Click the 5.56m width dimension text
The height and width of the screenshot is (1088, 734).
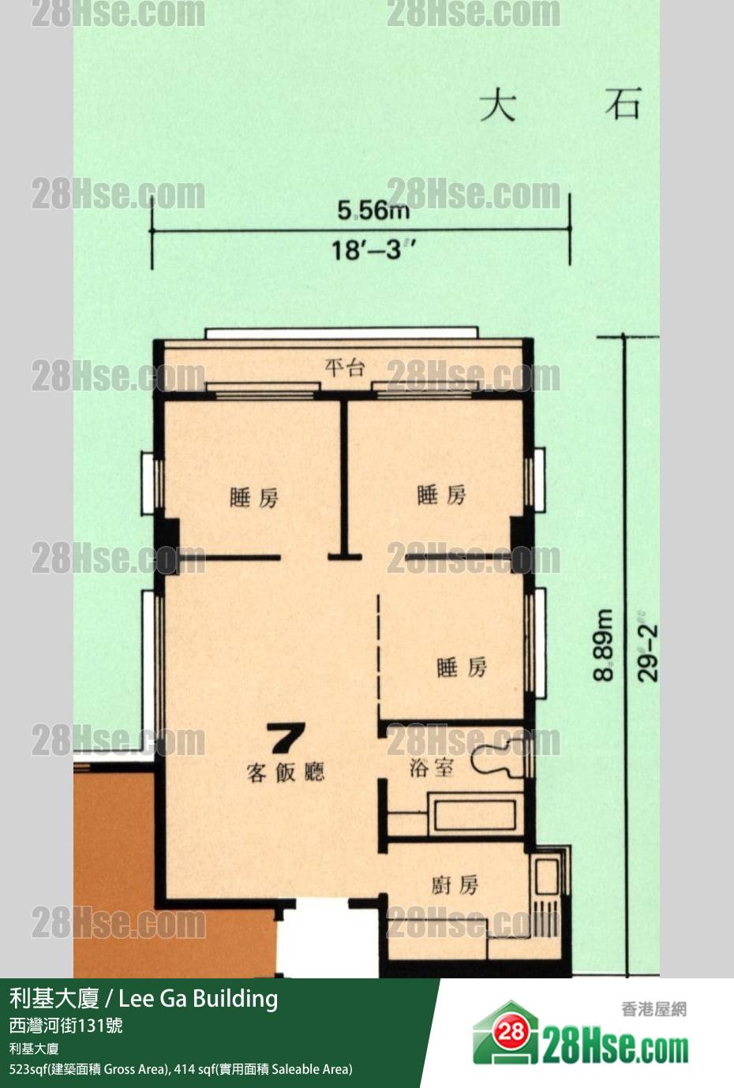[373, 211]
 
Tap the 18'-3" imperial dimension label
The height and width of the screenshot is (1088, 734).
[373, 251]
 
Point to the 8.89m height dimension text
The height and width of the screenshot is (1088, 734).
[604, 645]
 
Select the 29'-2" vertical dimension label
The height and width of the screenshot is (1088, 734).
[648, 646]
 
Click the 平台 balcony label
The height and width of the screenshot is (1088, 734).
[344, 368]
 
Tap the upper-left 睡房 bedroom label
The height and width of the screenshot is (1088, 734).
[254, 498]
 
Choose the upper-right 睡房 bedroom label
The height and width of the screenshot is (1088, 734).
[441, 495]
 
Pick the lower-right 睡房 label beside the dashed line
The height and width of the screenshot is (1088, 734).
[462, 667]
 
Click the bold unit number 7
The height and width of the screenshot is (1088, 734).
[287, 738]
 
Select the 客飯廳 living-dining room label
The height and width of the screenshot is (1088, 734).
[286, 772]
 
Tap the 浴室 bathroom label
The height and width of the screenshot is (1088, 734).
[432, 768]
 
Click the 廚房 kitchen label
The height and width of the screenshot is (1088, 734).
[455, 885]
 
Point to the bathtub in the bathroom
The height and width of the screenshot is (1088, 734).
[475, 814]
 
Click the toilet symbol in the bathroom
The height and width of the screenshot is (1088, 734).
[499, 758]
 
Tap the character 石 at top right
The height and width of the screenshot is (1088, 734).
[624, 103]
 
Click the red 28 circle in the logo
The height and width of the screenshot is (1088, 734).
[511, 1030]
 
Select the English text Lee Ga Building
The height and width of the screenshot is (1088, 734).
[198, 999]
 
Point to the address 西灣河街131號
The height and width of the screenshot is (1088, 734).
[66, 1026]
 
